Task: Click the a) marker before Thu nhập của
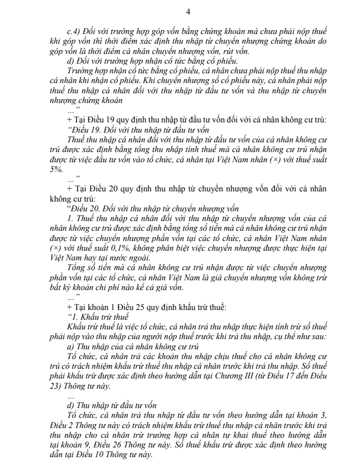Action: [70, 346]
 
